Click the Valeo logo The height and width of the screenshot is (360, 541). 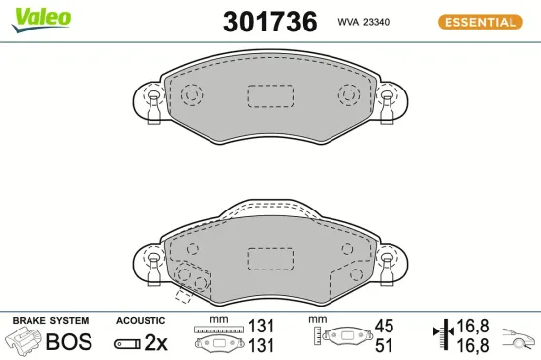coord(40,18)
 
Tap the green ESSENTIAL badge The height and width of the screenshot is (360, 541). coord(477,21)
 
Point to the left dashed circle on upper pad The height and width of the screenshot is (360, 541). coord(191,95)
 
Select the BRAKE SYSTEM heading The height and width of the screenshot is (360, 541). coord(49,321)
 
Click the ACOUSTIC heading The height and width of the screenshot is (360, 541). coord(141,321)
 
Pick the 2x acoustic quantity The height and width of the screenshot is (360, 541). coord(157,342)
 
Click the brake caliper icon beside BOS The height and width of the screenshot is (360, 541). coord(25,342)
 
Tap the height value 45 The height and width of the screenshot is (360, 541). coord(383,326)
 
